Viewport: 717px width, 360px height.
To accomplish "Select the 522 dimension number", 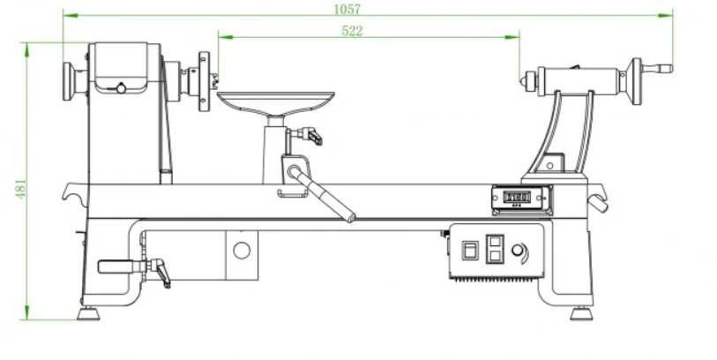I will coord(351,30).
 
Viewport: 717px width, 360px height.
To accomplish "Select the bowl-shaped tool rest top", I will coord(276,99).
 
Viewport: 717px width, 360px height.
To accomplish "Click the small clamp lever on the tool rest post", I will coord(310,135).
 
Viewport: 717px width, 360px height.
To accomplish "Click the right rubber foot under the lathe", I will coord(580,313).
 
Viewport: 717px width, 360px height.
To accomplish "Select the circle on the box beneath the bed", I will coord(241,250).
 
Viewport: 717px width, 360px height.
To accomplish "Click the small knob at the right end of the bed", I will coord(600,204).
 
